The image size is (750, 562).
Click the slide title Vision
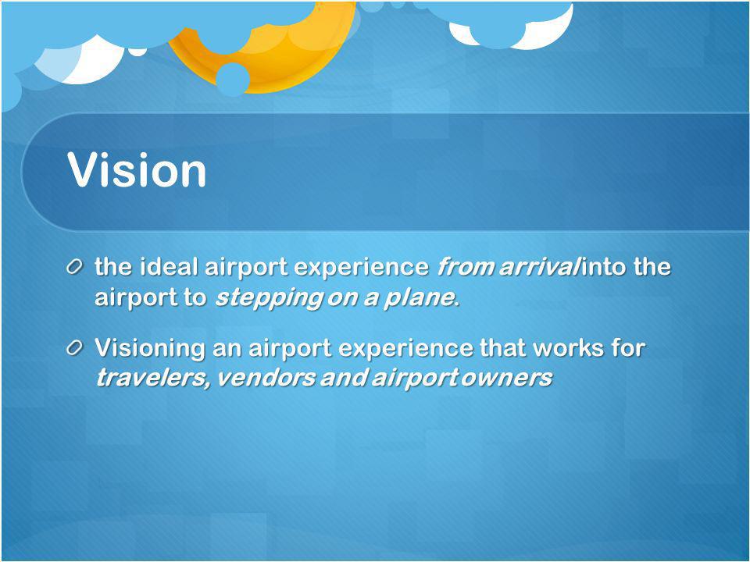(137, 169)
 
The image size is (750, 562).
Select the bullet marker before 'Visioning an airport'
(75, 347)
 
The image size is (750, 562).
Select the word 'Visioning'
(150, 348)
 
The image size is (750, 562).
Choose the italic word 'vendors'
(266, 378)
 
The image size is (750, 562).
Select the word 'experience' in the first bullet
(361, 267)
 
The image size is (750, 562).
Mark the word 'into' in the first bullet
(602, 265)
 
